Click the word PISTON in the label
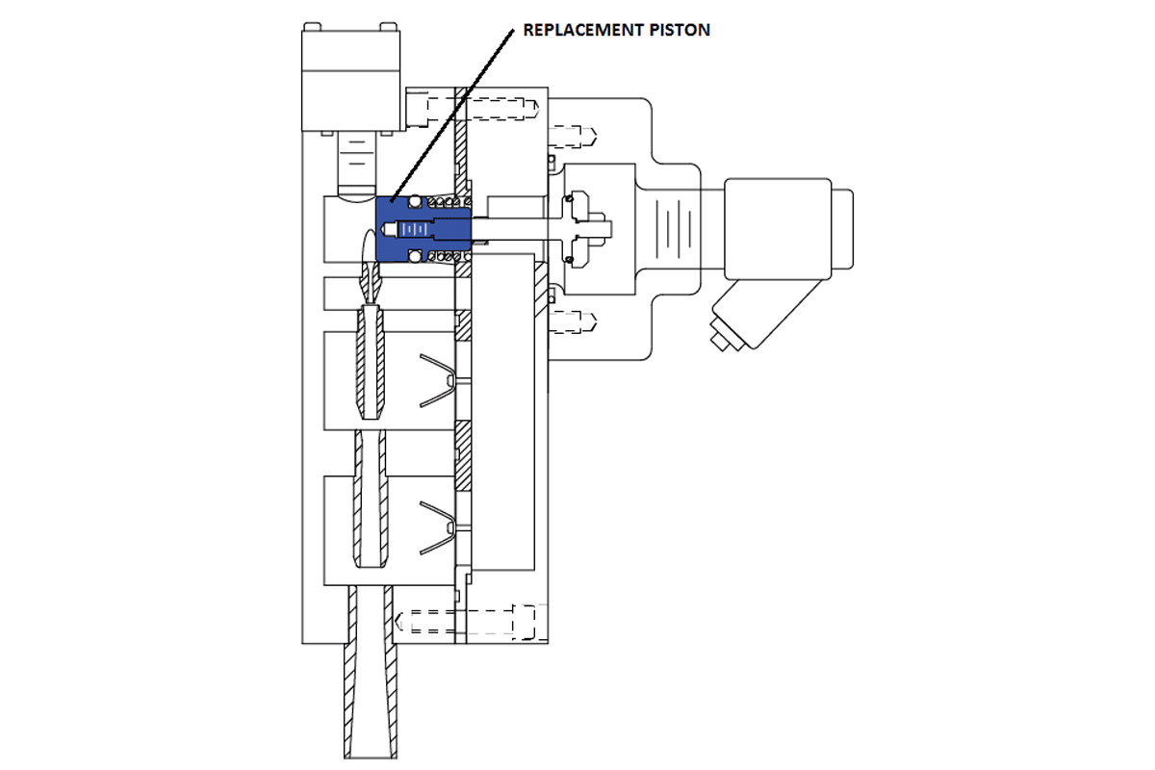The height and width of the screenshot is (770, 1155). coord(681,30)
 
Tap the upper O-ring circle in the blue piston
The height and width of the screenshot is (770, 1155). coord(414,202)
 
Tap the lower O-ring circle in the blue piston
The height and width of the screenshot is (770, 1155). coord(414,256)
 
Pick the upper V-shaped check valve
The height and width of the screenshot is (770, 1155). coord(438,380)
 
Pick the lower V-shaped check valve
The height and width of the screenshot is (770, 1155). coord(438,527)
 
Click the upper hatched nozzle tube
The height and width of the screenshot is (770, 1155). coord(373,361)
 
